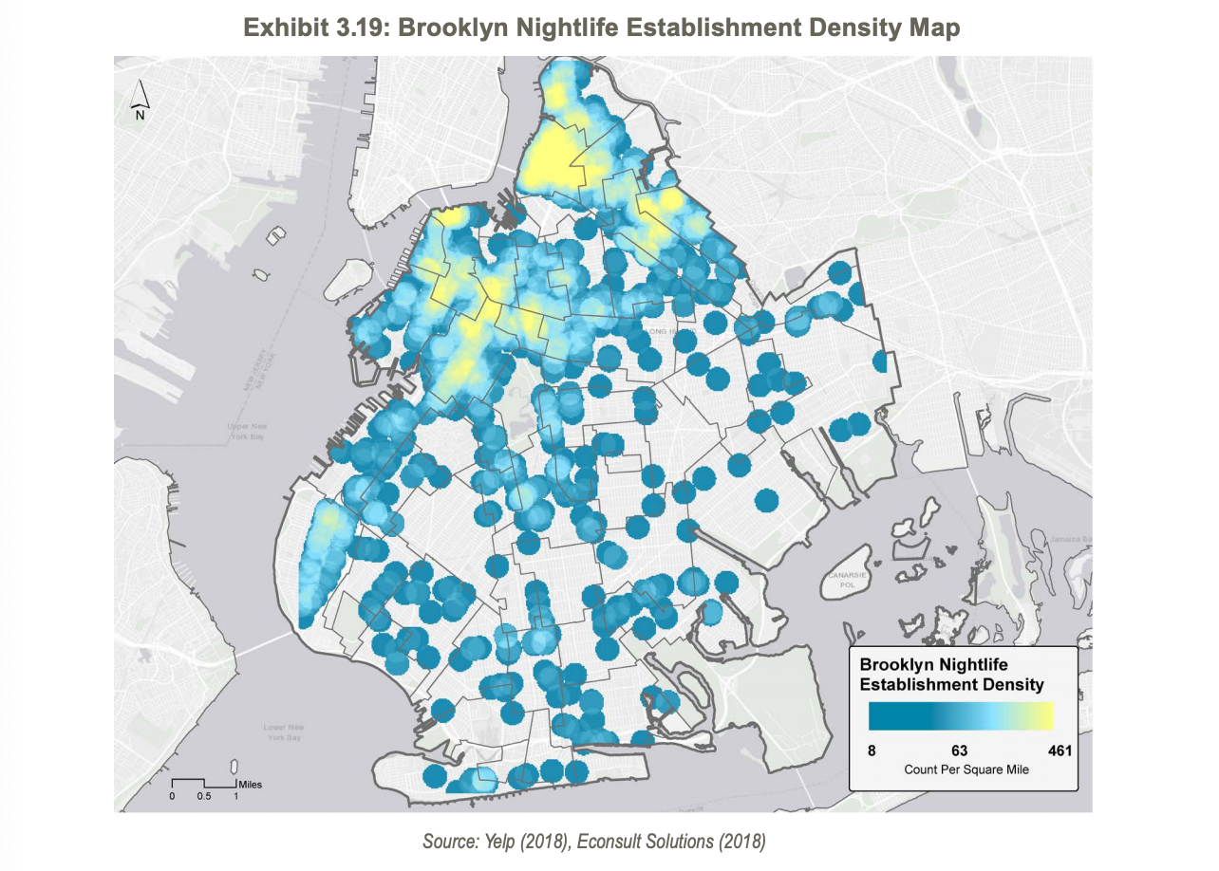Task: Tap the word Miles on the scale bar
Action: [x=251, y=785]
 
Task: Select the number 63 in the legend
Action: [x=959, y=751]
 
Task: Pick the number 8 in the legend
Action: [x=872, y=751]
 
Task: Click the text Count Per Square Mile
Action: [x=966, y=769]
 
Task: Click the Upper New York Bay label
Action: [x=247, y=432]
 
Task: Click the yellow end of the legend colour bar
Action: [x=1044, y=715]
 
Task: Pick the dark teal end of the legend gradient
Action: [x=878, y=715]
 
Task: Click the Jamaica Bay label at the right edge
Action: [x=1068, y=539]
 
